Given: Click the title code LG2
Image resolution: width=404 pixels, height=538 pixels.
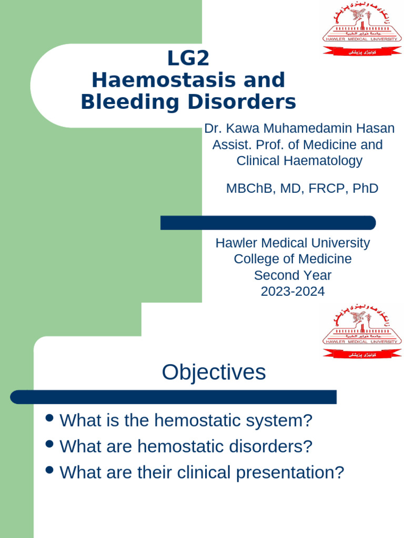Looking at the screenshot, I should (188, 58).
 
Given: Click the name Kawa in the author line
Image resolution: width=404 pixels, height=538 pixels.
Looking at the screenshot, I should (241, 128).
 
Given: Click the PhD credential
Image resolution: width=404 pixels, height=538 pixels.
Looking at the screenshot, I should (366, 188).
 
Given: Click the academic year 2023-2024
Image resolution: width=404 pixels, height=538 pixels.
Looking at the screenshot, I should (292, 291).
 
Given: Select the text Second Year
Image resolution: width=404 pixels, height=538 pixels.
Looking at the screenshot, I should (292, 275).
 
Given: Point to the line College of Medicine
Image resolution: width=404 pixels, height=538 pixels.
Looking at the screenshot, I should (292, 259).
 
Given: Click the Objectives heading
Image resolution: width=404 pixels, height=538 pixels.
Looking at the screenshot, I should (214, 372).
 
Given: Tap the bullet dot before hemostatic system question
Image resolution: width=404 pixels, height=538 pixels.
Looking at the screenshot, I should (50, 418).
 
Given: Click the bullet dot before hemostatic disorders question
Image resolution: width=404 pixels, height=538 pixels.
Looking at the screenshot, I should (50, 444).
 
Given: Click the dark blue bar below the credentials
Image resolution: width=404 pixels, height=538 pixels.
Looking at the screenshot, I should (268, 223).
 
